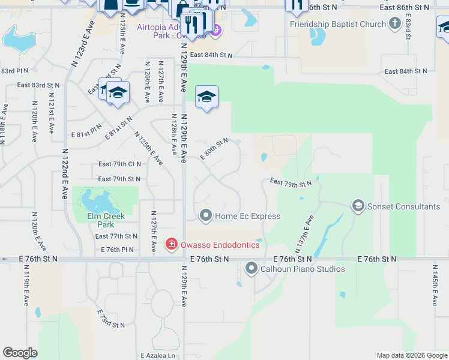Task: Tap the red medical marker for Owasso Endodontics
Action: click(x=172, y=244)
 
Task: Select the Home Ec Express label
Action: click(x=247, y=216)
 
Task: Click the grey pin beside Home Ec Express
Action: click(x=206, y=215)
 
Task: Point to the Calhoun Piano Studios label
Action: click(x=302, y=269)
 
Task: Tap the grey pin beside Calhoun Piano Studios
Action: click(x=251, y=268)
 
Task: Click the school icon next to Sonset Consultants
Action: click(x=358, y=206)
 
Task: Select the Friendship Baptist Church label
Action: click(x=338, y=24)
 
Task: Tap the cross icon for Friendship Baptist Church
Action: click(x=394, y=23)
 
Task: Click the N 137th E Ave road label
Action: click(x=304, y=233)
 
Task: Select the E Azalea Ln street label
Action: click(x=157, y=355)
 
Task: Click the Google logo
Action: click(x=20, y=353)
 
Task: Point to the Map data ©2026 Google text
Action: click(x=411, y=355)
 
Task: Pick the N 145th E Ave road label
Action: click(x=435, y=283)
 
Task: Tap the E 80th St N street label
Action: click(x=214, y=148)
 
